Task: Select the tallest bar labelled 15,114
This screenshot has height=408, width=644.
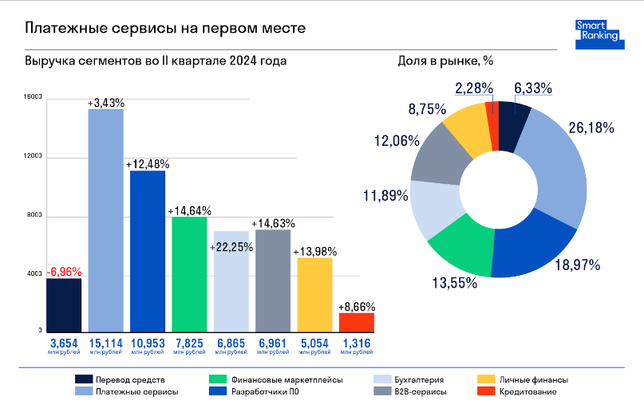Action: click(105, 219)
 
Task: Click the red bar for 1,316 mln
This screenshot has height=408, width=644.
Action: click(356, 322)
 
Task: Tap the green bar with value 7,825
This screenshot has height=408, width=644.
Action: click(189, 273)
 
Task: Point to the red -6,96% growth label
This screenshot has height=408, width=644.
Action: click(64, 271)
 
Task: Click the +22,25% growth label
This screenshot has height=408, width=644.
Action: click(231, 247)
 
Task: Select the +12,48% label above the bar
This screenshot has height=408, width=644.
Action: click(148, 164)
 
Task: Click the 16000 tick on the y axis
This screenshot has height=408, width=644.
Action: click(33, 98)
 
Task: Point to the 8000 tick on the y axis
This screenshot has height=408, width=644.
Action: click(33, 216)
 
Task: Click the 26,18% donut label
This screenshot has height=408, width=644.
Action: click(591, 127)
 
